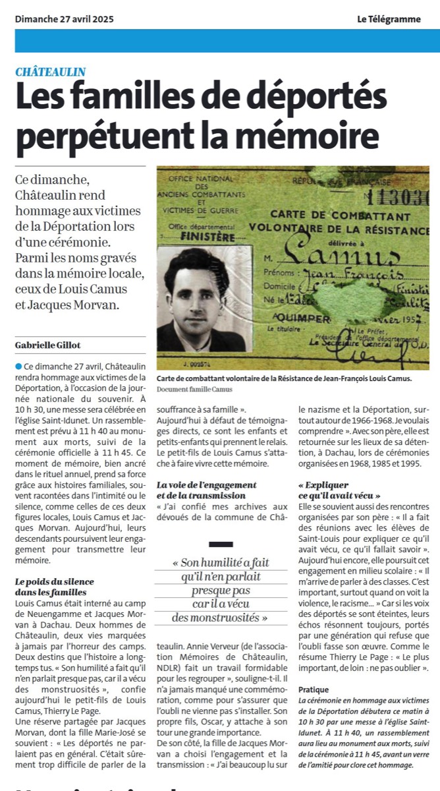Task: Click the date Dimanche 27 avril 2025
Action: pos(64,19)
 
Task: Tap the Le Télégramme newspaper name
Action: pos(389,19)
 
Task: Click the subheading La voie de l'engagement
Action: pos(198,485)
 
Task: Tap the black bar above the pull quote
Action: pos(220,544)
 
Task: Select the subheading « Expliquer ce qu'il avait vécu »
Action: pos(340,490)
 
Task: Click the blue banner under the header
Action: pos(220,41)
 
